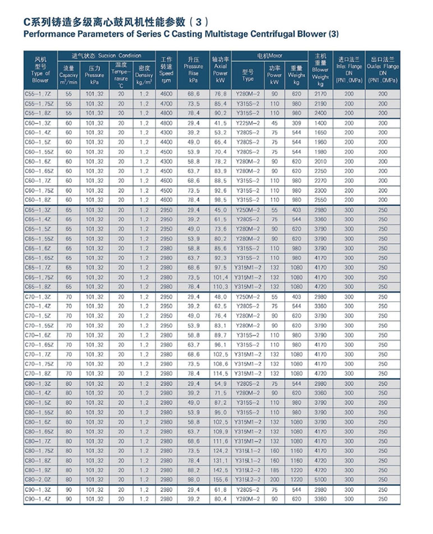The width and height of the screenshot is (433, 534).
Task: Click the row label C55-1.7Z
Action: pyautogui.click(x=38, y=94)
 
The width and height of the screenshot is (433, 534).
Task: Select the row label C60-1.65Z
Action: pyautogui.click(x=39, y=171)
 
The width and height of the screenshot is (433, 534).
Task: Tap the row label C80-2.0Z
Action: pyautogui.click(x=39, y=480)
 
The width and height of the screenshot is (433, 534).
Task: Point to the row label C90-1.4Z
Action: pyautogui.click(x=38, y=499)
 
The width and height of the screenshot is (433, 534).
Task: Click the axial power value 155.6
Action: pyautogui.click(x=220, y=480)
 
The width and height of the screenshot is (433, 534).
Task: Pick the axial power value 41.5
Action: pyautogui.click(x=220, y=123)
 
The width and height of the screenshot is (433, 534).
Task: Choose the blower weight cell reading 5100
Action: pyautogui.click(x=320, y=480)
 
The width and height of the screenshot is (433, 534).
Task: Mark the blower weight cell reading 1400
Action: pyautogui.click(x=320, y=123)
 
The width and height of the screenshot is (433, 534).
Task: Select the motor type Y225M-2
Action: pyautogui.click(x=248, y=123)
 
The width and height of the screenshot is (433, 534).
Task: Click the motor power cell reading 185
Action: pyautogui.click(x=275, y=470)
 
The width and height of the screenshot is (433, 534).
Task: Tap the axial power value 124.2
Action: pyautogui.click(x=220, y=450)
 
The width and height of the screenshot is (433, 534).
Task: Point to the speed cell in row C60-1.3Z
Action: pyautogui.click(x=166, y=123)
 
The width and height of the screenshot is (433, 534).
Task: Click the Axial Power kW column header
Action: pyautogui.click(x=220, y=69)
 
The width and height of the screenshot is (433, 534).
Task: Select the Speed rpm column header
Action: pyautogui.click(x=166, y=69)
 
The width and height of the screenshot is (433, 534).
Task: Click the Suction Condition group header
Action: pyautogui.click(x=106, y=56)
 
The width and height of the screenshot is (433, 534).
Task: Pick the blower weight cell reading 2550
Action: pyautogui.click(x=320, y=200)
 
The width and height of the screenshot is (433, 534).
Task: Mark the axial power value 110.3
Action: pyautogui.click(x=220, y=287)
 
